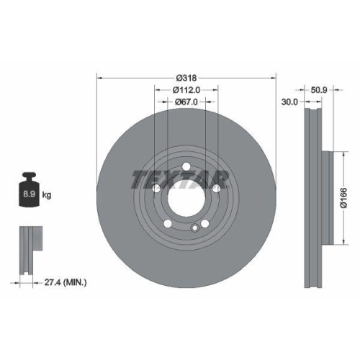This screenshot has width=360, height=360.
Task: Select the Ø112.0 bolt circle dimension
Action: tap(186, 90)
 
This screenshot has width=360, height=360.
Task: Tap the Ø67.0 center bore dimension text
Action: tap(186, 102)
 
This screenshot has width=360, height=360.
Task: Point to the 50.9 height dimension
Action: tap(319, 91)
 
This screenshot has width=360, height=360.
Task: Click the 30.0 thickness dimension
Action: tap(290, 102)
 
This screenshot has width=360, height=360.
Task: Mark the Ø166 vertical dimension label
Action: tap(343, 197)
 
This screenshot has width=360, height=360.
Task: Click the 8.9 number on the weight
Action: tap(30, 194)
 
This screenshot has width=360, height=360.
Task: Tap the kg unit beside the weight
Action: tap(47, 194)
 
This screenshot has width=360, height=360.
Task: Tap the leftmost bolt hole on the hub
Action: tap(156, 189)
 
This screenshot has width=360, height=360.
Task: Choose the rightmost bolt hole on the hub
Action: tap(216, 189)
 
